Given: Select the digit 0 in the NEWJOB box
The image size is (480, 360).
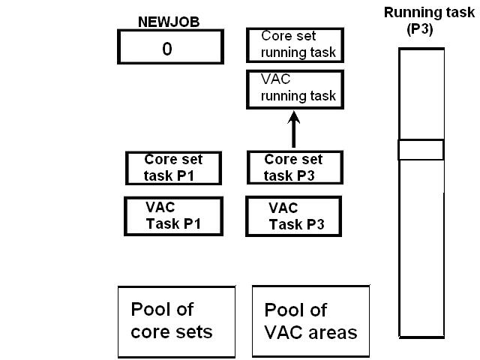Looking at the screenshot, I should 167,49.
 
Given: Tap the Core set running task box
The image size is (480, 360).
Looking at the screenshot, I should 295,46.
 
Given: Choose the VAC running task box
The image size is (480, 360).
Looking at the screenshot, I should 295,89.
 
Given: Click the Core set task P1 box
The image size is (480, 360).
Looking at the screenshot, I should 173,168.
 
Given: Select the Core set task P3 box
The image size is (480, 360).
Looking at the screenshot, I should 294,168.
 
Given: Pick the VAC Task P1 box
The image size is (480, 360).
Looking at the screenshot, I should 173,215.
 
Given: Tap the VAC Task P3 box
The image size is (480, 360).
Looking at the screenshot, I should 294,215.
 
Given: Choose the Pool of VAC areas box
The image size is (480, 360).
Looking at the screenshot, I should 310,321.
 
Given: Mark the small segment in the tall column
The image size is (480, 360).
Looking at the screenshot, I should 421,150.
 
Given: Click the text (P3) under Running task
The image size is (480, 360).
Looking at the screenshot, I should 421,31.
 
